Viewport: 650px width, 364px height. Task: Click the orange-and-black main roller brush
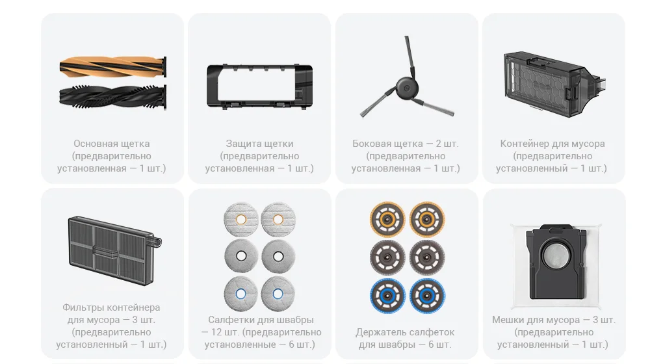pyautogui.click(x=112, y=67)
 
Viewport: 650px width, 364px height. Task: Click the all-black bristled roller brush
pyautogui.click(x=112, y=97)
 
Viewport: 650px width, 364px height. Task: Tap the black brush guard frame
pyautogui.click(x=260, y=86)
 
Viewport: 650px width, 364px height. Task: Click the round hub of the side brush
pyautogui.click(x=406, y=88)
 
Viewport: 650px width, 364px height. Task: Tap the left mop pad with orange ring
pyautogui.click(x=241, y=219)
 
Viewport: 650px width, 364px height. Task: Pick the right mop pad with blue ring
pyautogui.click(x=278, y=294)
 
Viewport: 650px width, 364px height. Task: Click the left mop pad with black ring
pyautogui.click(x=241, y=256)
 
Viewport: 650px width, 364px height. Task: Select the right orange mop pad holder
pyautogui.click(x=427, y=219)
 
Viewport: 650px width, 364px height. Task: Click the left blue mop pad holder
pyautogui.click(x=387, y=296)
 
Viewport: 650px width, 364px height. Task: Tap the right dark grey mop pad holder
pyautogui.click(x=427, y=257)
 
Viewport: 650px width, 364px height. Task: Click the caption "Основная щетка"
pyautogui.click(x=112, y=144)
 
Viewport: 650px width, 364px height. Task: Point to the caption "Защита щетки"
pyautogui.click(x=259, y=144)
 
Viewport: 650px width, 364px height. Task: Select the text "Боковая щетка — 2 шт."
pyautogui.click(x=406, y=144)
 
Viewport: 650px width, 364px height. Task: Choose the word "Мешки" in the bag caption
pyautogui.click(x=507, y=320)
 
